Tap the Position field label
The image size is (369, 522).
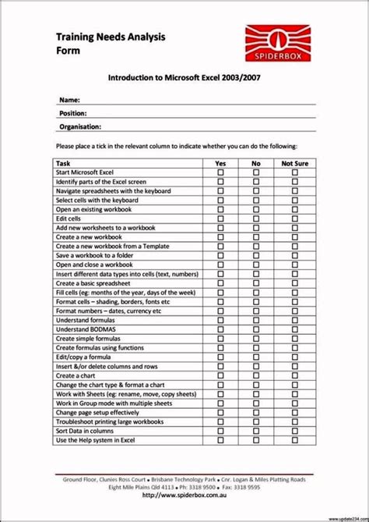(75, 112)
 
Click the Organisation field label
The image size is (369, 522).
(80, 126)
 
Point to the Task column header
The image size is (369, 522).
(63, 162)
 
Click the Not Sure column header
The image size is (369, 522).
(294, 162)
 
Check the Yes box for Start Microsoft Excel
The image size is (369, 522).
(220, 172)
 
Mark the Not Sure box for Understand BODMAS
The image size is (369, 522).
(294, 330)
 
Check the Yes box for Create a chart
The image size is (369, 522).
(220, 375)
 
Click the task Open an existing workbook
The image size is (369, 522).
(93, 210)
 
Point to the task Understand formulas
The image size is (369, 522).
(86, 320)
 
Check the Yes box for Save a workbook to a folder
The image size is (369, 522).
(220, 255)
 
